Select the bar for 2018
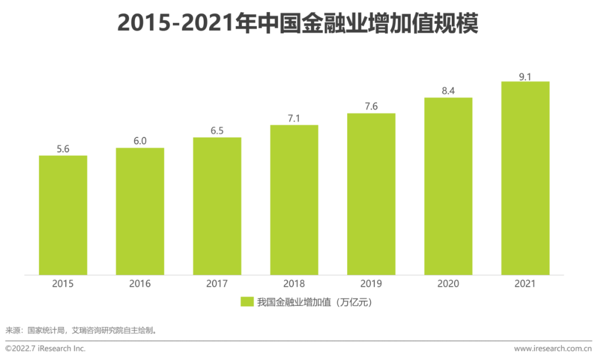pyautogui.click(x=294, y=200)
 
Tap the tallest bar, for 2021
pyautogui.click(x=525, y=178)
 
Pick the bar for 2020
pyautogui.click(x=448, y=186)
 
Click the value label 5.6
pyautogui.click(x=63, y=148)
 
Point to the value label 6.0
pyautogui.click(x=140, y=141)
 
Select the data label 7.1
pyautogui.click(x=294, y=118)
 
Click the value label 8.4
pyautogui.click(x=448, y=91)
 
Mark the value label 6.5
pyautogui.click(x=217, y=130)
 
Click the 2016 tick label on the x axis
pyautogui.click(x=140, y=284)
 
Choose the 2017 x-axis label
pyautogui.click(x=217, y=284)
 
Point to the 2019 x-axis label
pyautogui.click(x=371, y=284)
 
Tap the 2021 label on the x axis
pyautogui.click(x=525, y=284)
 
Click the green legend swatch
pyautogui.click(x=247, y=302)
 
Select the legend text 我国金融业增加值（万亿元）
pyautogui.click(x=313, y=302)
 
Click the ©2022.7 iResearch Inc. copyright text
pyautogui.click(x=45, y=348)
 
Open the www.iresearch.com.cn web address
pyautogui.click(x=553, y=348)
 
